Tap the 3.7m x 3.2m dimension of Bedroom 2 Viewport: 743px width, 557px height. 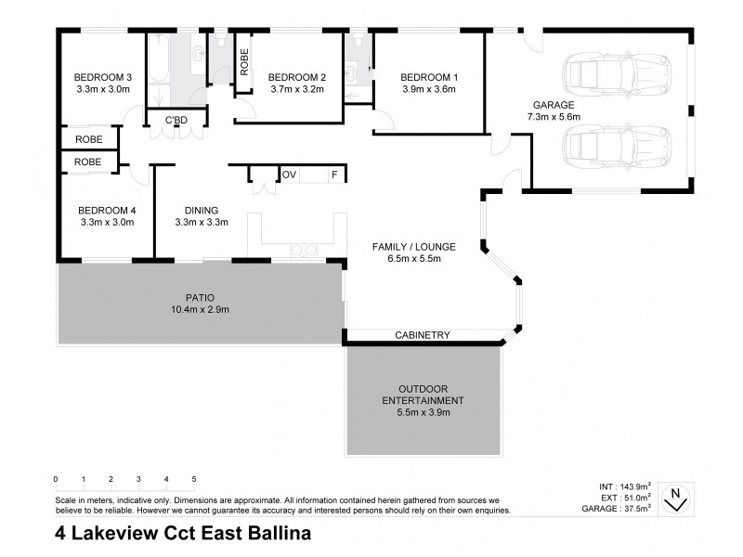pyautogui.click(x=297, y=90)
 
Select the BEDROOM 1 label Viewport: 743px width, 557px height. pyautogui.click(x=428, y=77)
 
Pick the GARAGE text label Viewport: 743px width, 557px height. pyautogui.click(x=553, y=105)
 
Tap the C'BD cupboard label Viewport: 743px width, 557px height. pyautogui.click(x=177, y=121)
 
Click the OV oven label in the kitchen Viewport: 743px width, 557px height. pyautogui.click(x=289, y=175)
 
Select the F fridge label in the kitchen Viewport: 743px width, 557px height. pyautogui.click(x=333, y=175)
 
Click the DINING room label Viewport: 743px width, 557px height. pyautogui.click(x=201, y=210)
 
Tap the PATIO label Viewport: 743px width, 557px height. pyautogui.click(x=201, y=297)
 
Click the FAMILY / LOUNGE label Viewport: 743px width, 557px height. pyautogui.click(x=413, y=246)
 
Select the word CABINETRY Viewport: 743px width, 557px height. pyautogui.click(x=423, y=335)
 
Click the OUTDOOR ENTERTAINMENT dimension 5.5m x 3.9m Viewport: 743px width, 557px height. pyautogui.click(x=424, y=412)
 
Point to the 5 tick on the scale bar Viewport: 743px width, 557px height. pyautogui.click(x=194, y=479)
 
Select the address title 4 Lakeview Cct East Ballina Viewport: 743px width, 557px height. pyautogui.click(x=182, y=534)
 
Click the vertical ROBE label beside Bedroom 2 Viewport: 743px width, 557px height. pyautogui.click(x=244, y=60)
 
